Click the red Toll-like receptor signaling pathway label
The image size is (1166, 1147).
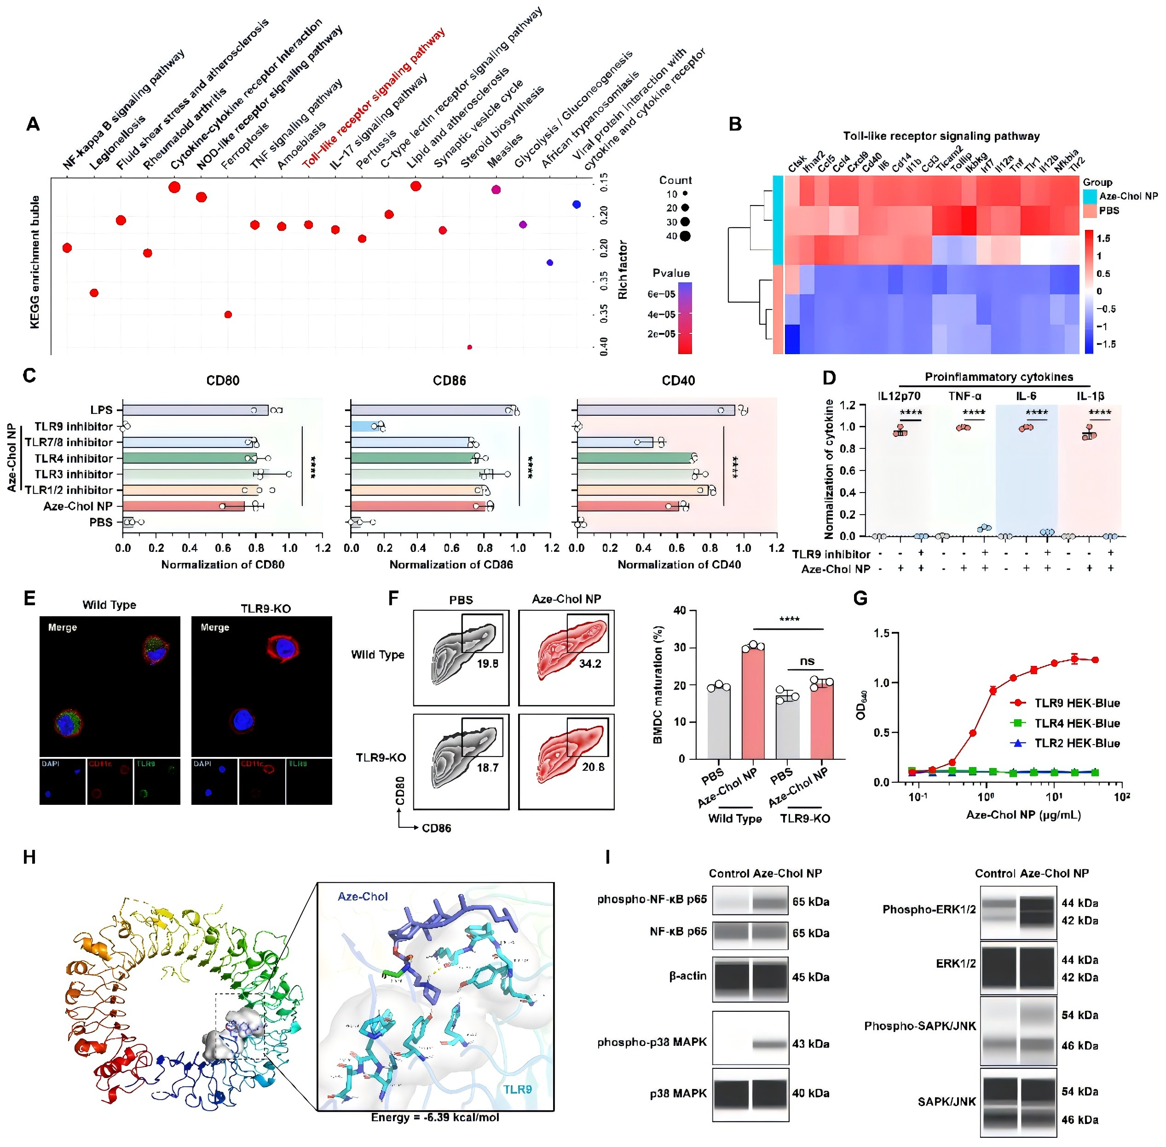(374, 97)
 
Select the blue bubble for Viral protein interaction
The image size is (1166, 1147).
(549, 263)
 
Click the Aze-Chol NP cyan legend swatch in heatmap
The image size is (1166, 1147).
(1090, 196)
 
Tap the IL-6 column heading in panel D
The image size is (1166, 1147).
(1026, 396)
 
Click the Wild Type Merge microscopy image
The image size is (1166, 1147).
(110, 686)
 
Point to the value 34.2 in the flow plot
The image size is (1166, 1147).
(590, 664)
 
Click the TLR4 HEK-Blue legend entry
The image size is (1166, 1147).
(1076, 723)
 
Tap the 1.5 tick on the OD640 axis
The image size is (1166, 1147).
(882, 633)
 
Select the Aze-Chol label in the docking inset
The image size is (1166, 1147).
(363, 896)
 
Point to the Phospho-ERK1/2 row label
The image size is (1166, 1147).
(929, 909)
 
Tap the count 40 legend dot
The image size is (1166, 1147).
(685, 236)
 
